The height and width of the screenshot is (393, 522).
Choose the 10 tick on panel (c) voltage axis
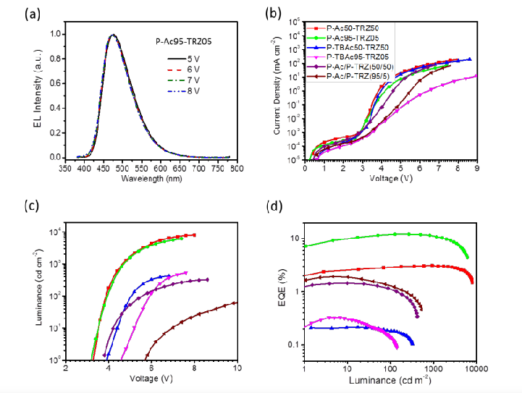[x=237, y=369]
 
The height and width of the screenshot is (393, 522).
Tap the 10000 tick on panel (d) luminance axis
[x=474, y=369]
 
